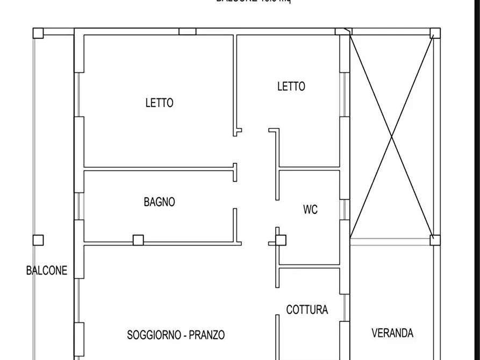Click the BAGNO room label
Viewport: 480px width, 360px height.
click(x=159, y=202)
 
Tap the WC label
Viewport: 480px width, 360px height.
click(x=310, y=210)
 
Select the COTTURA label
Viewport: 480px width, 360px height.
click(x=307, y=310)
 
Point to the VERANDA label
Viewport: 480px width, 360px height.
click(x=392, y=333)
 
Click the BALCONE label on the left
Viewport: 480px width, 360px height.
click(x=47, y=270)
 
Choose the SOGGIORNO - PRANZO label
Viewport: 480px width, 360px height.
click(x=176, y=335)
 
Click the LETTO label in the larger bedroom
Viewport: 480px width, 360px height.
click(x=159, y=102)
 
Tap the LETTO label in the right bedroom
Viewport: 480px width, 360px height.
click(x=291, y=86)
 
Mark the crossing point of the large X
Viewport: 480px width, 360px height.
click(x=392, y=137)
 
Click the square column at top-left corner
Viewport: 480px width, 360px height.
click(x=38, y=33)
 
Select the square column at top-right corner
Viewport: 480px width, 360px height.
click(x=435, y=33)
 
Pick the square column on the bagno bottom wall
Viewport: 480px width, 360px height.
click(x=138, y=240)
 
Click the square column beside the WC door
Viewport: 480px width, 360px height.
click(x=281, y=240)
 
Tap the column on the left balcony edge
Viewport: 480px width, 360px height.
click(x=38, y=240)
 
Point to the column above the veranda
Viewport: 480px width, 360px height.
click(x=435, y=240)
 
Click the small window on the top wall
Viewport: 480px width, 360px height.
click(x=187, y=32)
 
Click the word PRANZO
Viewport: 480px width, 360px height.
click(x=206, y=335)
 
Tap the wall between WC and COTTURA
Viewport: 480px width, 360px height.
click(x=309, y=267)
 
